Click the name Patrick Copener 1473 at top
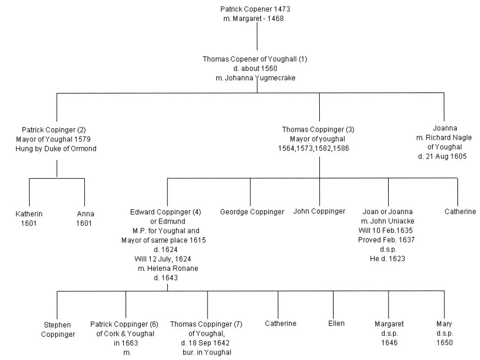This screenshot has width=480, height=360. [255, 9]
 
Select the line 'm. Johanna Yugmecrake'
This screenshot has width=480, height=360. [255, 78]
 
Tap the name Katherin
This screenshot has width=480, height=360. [29, 214]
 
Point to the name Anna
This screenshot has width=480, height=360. [85, 214]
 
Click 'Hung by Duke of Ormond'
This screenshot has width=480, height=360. [56, 149]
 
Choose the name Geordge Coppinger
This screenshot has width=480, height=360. [252, 212]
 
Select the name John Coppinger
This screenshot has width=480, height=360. [319, 211]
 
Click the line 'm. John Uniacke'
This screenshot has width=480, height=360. [388, 221]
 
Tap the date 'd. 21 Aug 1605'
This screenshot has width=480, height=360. [443, 156]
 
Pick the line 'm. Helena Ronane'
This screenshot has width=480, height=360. [168, 269]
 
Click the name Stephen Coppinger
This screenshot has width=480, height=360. [58, 330]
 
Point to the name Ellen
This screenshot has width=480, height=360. [336, 324]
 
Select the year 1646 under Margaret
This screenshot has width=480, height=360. [389, 342]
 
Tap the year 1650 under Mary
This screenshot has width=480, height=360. [444, 342]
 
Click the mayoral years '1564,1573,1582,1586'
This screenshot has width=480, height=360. [313, 149]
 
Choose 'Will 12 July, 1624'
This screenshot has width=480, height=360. [163, 259]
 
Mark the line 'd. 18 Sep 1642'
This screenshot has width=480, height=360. [205, 343]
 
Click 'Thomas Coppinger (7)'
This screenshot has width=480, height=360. [206, 324]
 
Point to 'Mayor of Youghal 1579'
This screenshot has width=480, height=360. [53, 139]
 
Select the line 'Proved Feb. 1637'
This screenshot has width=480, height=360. [386, 239]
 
